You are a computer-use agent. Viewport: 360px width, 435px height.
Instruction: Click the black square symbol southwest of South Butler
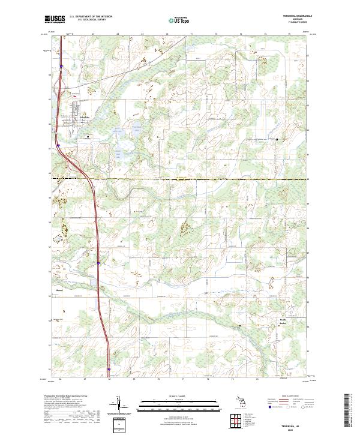(x=241, y=326)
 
